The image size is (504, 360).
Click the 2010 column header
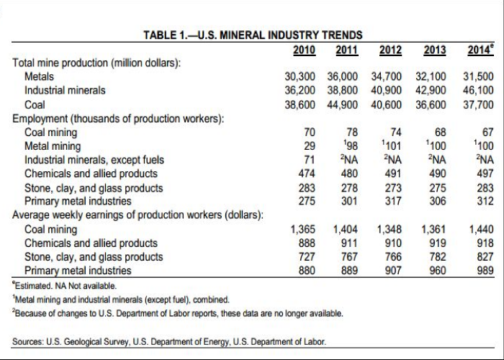pyautogui.click(x=306, y=50)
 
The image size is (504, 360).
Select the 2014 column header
pyautogui.click(x=480, y=50)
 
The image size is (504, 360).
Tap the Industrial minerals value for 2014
pyautogui.click(x=477, y=90)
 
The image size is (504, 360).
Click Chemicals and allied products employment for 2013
pyautogui.click(x=435, y=174)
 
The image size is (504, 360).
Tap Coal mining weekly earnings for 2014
pyautogui.click(x=480, y=230)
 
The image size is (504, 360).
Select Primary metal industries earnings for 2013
pyautogui.click(x=435, y=271)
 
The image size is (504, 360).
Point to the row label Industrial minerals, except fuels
pyautogui.click(x=94, y=160)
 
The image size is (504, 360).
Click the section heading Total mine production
pyautogui.click(x=96, y=63)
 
